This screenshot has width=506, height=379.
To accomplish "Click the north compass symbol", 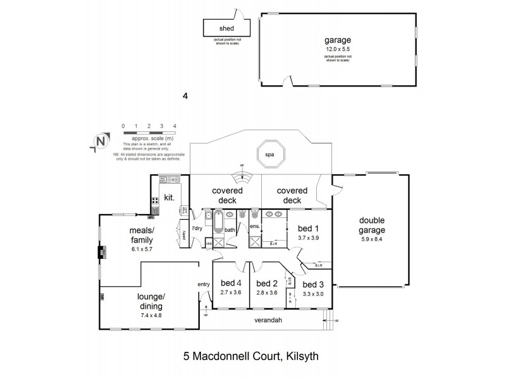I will click(98, 141).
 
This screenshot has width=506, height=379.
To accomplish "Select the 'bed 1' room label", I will click(309, 228).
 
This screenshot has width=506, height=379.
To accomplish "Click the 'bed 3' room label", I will click(313, 284).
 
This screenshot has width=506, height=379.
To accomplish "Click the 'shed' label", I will click(226, 28).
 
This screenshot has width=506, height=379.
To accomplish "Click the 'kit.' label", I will click(169, 197).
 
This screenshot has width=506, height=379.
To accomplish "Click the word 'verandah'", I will click(269, 320).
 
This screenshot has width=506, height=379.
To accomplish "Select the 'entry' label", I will click(204, 284).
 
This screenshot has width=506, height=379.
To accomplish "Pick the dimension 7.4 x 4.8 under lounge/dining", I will click(151, 314).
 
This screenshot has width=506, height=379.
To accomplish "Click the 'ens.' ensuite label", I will click(256, 226).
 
